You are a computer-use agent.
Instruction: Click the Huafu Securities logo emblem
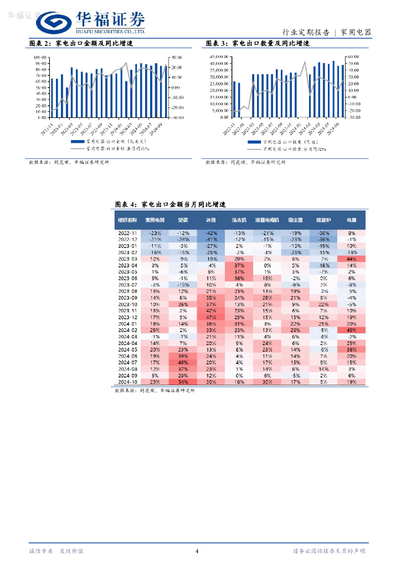pyautogui.click(x=54, y=23)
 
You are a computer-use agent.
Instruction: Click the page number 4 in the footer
pyautogui.click(x=197, y=551)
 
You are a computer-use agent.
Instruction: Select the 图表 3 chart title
pyautogui.click(x=257, y=43)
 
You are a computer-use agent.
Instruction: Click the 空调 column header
pyautogui.click(x=183, y=220)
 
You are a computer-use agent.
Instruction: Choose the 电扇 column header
pyautogui.click(x=351, y=220)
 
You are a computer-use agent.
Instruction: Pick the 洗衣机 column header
pyautogui.click(x=239, y=220)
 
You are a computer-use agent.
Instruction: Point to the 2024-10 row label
pyautogui.click(x=127, y=382)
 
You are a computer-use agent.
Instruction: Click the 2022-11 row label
pyautogui.click(x=127, y=233)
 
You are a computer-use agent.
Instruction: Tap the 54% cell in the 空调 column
pyautogui.click(x=183, y=382)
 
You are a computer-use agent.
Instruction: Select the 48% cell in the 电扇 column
pyautogui.click(x=351, y=330)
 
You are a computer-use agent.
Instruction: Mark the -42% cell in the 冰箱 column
pyautogui.click(x=211, y=233)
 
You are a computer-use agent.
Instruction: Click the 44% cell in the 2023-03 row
pyautogui.click(x=351, y=259)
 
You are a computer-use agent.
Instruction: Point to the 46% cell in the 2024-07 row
pyautogui.click(x=183, y=363)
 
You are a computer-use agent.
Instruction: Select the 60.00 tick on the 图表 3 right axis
pyautogui.click(x=353, y=57)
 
